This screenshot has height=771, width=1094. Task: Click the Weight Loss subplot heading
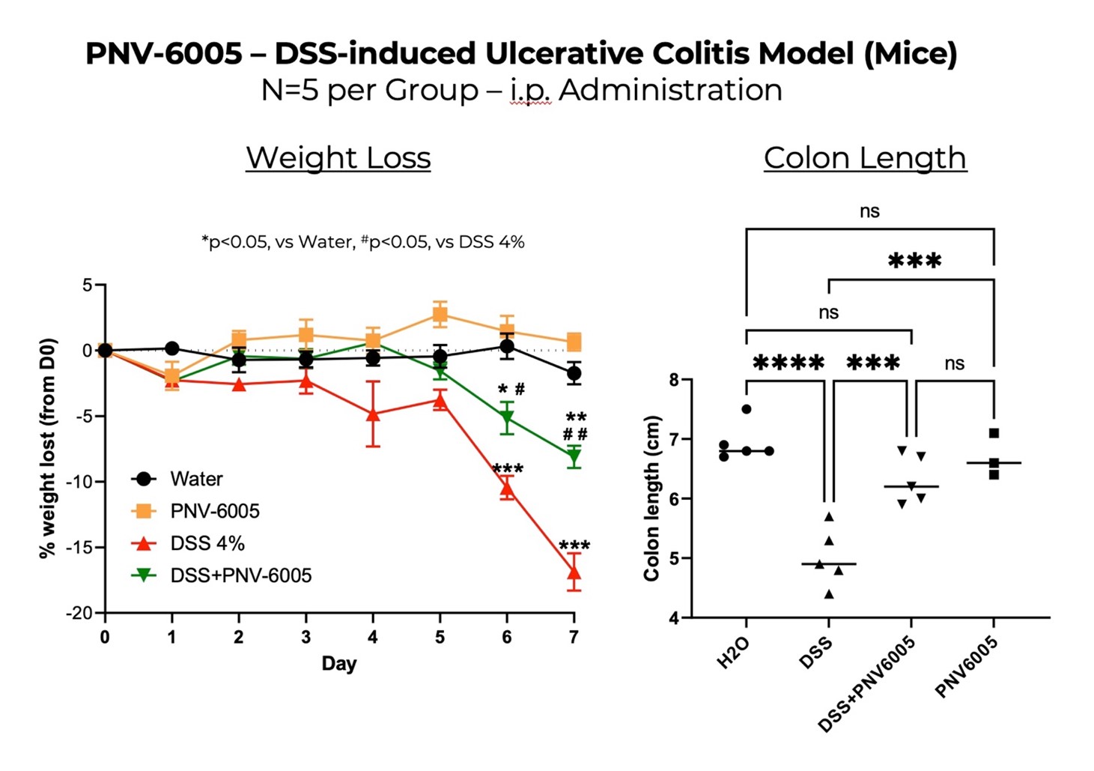(338, 157)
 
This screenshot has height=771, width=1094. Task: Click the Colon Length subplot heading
(864, 157)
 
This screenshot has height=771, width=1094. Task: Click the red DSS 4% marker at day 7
(574, 574)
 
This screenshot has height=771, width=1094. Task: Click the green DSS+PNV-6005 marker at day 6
(507, 418)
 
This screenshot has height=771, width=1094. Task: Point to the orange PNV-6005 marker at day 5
(440, 315)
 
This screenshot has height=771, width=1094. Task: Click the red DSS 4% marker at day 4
(373, 414)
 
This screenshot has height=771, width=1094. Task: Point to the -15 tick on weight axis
(79, 548)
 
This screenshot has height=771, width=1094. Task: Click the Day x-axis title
(338, 664)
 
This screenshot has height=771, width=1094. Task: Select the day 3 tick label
(306, 638)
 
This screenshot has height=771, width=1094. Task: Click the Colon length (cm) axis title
(651, 498)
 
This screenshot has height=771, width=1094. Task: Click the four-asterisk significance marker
(788, 364)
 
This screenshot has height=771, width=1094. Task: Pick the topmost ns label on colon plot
(869, 211)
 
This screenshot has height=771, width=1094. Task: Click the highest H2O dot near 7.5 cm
(747, 409)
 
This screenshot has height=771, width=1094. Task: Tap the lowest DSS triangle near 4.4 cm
(829, 594)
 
